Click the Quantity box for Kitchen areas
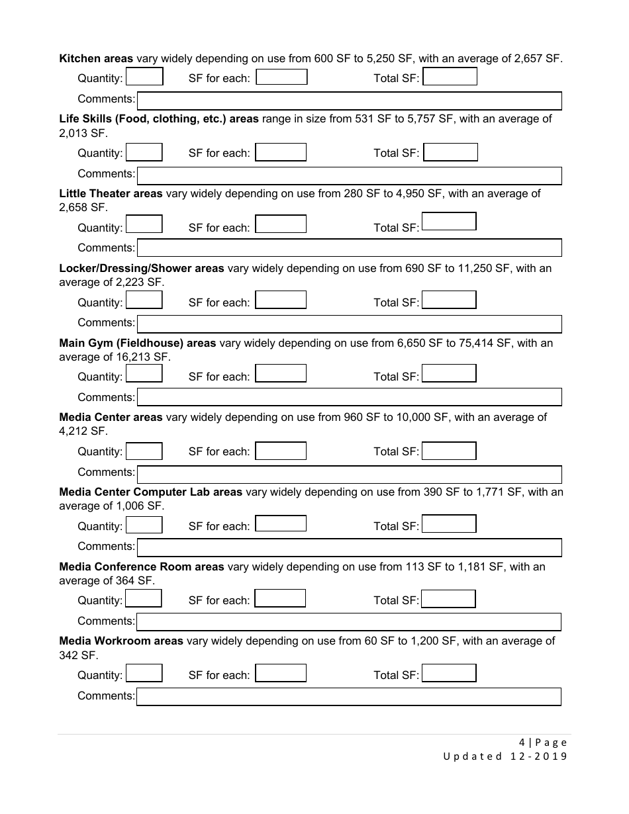144,77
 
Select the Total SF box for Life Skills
450,153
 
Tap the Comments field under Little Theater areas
349,248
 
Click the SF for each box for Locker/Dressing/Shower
281,300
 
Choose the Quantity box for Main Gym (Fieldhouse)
144,374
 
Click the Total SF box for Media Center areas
449,451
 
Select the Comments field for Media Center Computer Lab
349,547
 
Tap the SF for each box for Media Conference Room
280,599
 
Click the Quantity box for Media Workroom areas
144,674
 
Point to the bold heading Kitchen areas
96,58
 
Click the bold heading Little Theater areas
111,193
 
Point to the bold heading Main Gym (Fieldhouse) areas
138,343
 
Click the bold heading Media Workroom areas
121,641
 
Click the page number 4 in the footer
522,743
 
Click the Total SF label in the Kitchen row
396,78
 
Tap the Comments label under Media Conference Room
106,621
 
